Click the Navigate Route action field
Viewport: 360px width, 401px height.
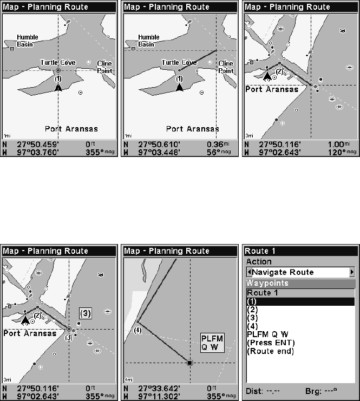(299, 272)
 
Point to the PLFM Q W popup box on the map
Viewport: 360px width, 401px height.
(212, 343)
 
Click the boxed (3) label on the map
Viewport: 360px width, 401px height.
(86, 313)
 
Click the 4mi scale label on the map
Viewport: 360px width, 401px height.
(128, 379)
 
